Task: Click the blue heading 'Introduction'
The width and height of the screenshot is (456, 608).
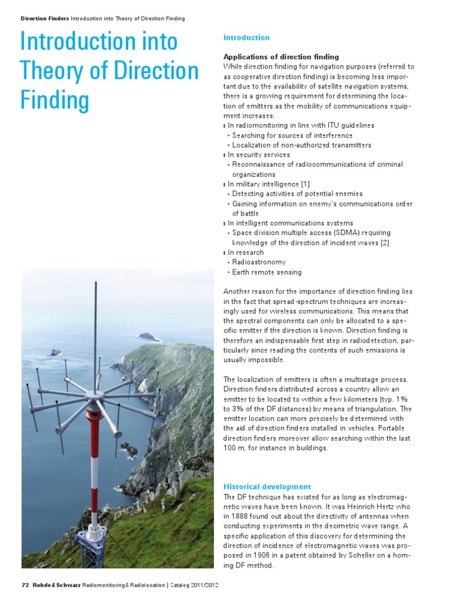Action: (246, 37)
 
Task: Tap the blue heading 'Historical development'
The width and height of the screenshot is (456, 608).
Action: (267, 486)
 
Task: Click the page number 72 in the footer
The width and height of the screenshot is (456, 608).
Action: (25, 584)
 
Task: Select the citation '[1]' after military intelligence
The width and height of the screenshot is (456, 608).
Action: (305, 184)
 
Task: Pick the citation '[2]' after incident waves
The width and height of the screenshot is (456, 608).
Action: (385, 242)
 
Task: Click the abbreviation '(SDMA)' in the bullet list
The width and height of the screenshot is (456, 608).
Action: (322, 233)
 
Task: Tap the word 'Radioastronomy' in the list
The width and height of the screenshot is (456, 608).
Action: (259, 262)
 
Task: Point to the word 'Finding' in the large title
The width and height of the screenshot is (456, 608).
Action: (55, 99)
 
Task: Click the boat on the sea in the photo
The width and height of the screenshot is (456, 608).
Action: (55, 352)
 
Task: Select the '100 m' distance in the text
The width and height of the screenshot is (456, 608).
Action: (233, 448)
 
